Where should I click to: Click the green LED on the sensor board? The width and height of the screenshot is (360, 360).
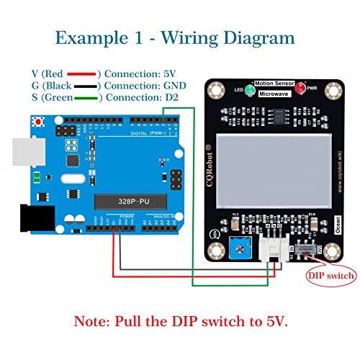click(x=247, y=91)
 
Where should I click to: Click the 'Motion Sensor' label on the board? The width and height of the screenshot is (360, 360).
click(x=274, y=84)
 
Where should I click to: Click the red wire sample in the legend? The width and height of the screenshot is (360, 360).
click(x=83, y=73)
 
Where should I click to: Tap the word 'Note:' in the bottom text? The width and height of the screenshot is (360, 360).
click(x=98, y=319)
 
